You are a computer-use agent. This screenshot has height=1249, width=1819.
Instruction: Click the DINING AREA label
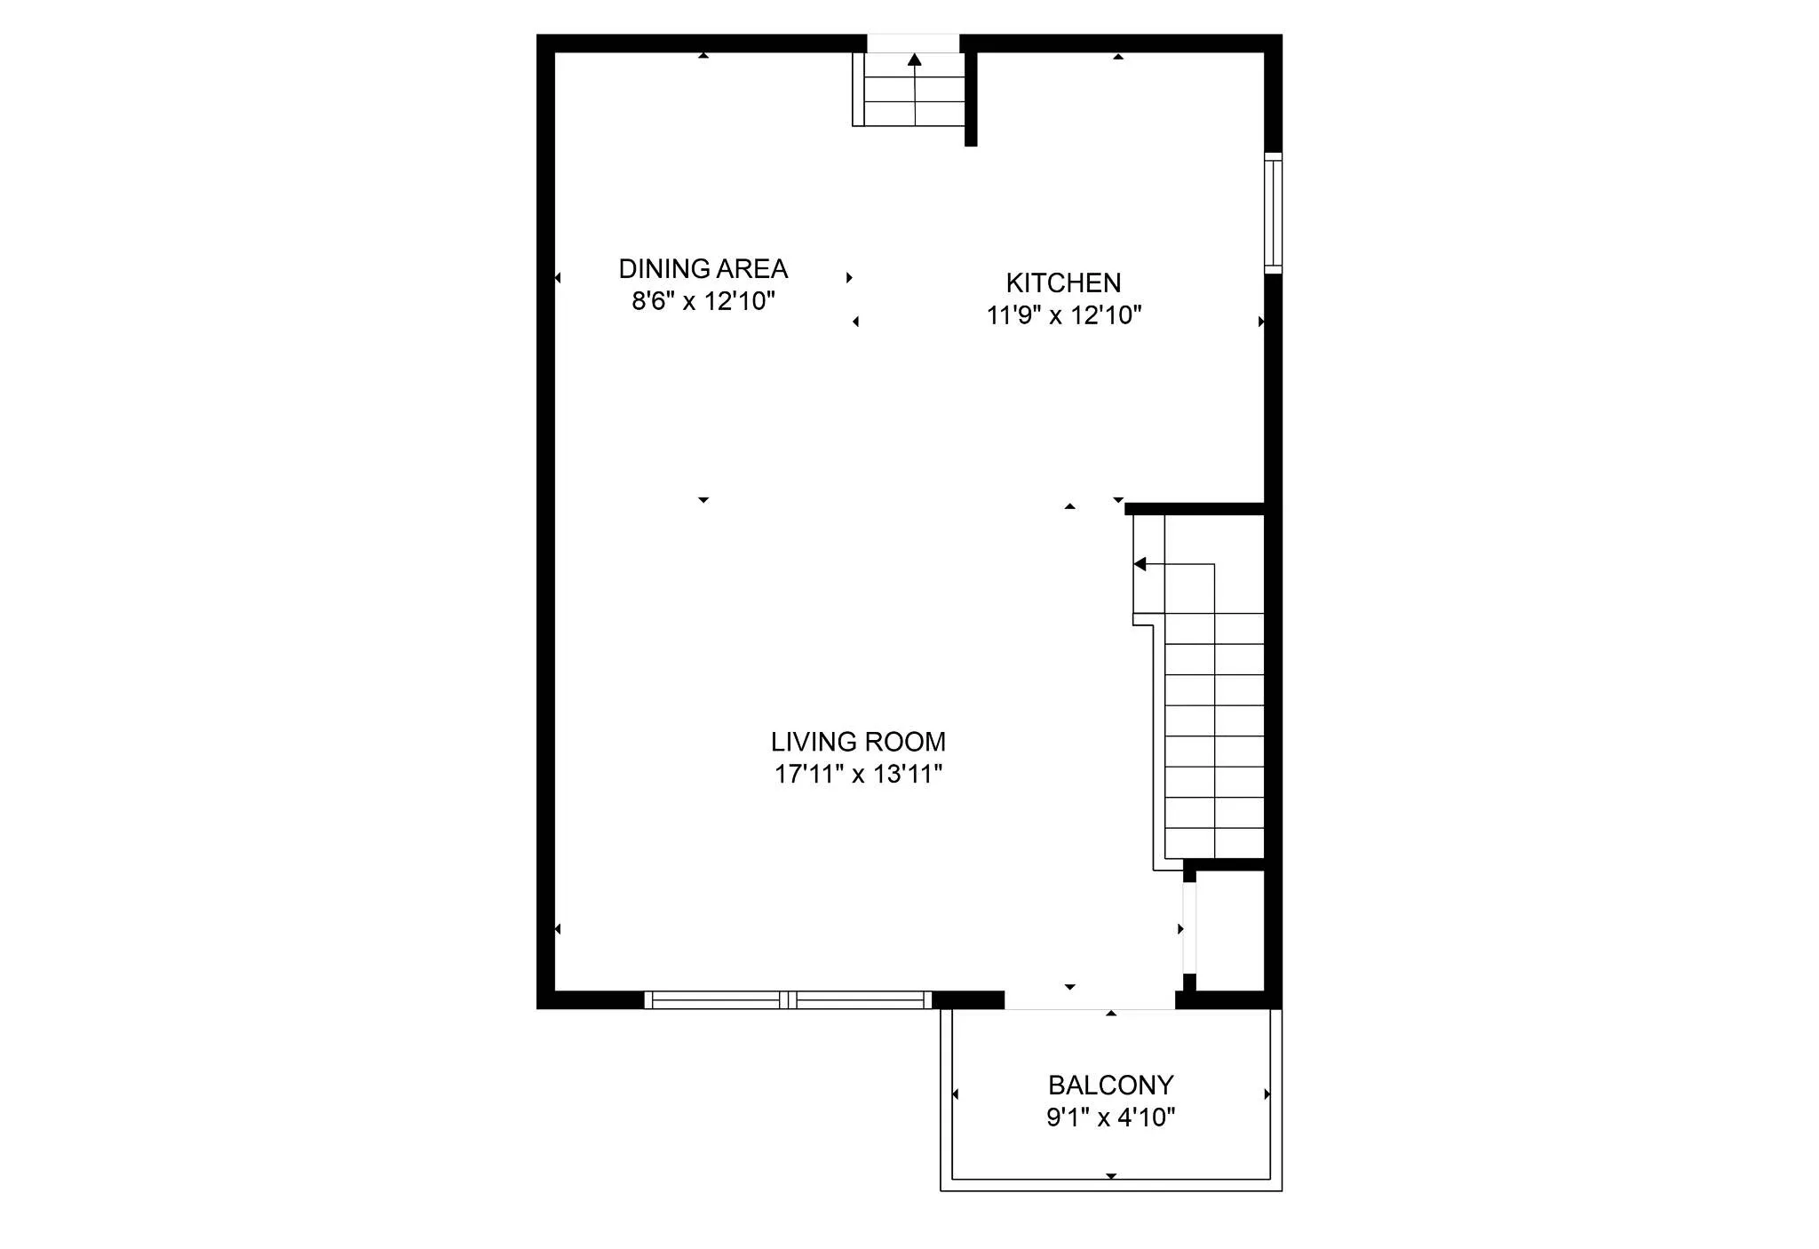point(703,268)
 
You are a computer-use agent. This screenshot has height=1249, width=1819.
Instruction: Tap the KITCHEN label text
point(1063,282)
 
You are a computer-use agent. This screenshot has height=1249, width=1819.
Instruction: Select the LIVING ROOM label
point(858,742)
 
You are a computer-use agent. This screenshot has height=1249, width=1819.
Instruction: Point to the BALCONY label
point(1110,1085)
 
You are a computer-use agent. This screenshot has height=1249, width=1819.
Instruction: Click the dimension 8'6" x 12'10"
point(703,301)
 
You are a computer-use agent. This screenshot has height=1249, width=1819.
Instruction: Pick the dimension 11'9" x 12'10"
point(1063,315)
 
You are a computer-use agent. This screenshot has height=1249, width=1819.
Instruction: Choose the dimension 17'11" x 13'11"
point(858,774)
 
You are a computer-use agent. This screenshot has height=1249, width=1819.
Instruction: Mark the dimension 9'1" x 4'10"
point(1110,1117)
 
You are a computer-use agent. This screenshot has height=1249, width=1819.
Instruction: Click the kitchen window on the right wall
point(1273,213)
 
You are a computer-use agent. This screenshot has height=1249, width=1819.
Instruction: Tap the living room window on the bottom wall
point(788,1000)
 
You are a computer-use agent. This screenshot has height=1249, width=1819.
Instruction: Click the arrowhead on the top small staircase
point(915,60)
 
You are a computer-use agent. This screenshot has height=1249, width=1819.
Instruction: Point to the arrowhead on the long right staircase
point(1140,564)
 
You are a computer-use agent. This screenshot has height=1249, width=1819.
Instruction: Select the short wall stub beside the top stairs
point(971,98)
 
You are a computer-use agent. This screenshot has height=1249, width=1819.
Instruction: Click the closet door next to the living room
point(1188,928)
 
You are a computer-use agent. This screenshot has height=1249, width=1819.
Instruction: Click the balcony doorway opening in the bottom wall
point(1089,1001)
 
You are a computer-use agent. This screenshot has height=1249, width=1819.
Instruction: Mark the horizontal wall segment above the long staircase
point(1194,509)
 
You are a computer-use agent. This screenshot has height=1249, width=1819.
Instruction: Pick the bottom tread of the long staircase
point(1214,843)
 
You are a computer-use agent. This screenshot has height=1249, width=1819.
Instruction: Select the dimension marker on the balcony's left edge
point(955,1094)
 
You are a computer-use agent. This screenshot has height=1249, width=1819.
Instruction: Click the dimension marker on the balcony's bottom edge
point(1110,1176)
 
